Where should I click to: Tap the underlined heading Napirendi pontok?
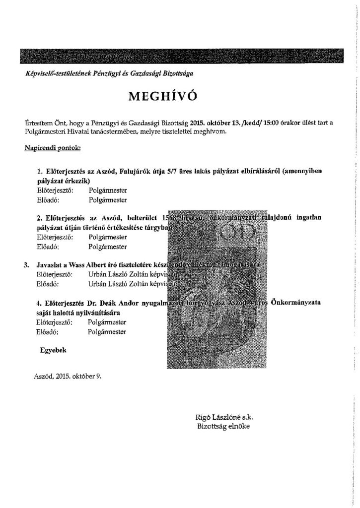point(53,148)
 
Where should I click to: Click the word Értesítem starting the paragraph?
point(38,123)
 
